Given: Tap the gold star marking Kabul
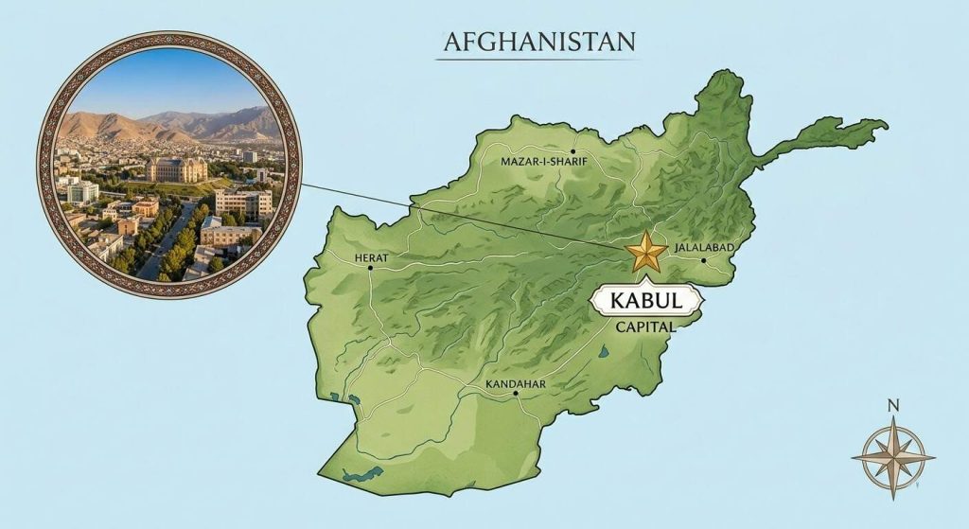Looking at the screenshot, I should point(646,251).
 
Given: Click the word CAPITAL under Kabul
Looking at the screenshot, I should point(644,327).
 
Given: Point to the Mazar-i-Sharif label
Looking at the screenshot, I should point(542,162).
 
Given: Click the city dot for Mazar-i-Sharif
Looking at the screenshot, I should point(573,150).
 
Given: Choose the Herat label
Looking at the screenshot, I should point(370,256).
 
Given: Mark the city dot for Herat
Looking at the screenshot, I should point(370,268).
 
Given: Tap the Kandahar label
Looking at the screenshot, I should point(515,384).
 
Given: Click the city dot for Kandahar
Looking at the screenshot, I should point(516,396).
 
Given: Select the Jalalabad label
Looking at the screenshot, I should point(705,248).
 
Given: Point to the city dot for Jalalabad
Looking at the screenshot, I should point(703,260).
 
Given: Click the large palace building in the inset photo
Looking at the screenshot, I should point(176,169).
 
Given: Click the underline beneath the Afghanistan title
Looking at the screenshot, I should point(534,61).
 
